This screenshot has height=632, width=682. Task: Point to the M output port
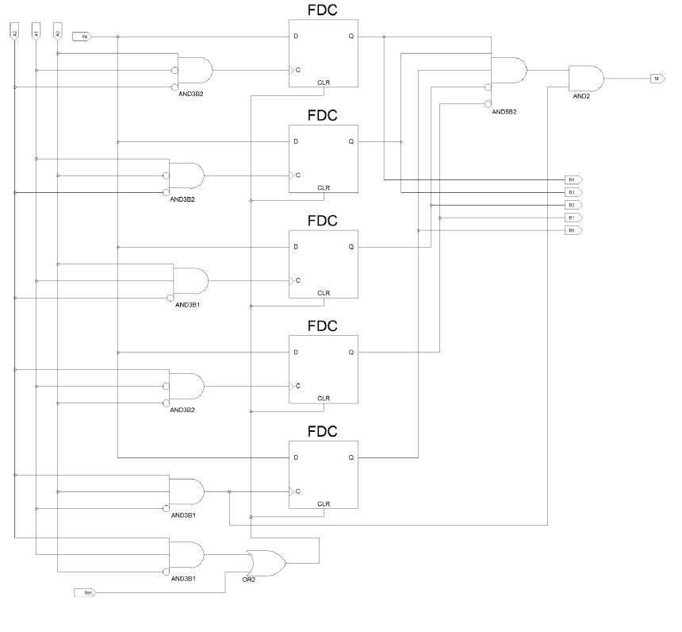(656, 79)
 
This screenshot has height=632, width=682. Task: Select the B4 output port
(573, 179)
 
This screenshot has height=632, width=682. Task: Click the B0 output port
(573, 230)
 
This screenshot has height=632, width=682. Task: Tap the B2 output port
(573, 205)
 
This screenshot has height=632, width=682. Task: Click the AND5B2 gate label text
(504, 112)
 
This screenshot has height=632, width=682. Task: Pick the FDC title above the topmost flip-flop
(323, 10)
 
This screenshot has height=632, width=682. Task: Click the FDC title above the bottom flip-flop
(323, 432)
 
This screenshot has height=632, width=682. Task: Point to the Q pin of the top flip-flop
(351, 37)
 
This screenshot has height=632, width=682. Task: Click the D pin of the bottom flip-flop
(296, 457)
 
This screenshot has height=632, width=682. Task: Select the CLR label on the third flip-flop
(324, 293)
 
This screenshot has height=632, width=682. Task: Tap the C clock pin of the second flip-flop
(297, 175)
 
